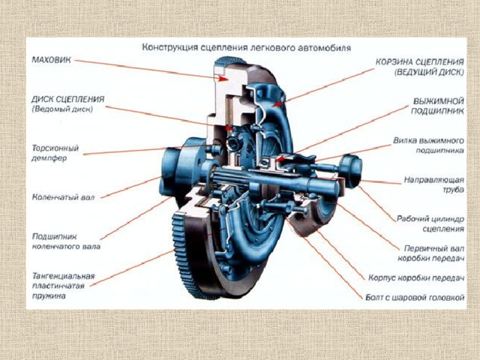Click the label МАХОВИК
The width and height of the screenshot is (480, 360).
[x=52, y=60]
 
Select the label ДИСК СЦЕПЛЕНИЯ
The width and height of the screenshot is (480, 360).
[x=68, y=99]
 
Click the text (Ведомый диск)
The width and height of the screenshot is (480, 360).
[x=62, y=109]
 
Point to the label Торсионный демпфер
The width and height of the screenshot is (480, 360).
[x=55, y=153]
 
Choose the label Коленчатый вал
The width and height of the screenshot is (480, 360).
[x=63, y=196]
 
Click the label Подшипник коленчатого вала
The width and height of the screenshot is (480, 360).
[x=66, y=241]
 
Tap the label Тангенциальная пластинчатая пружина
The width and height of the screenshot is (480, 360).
[x=63, y=286]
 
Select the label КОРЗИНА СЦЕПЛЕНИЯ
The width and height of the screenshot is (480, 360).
[x=420, y=61]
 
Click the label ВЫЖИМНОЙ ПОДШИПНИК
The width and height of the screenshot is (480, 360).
[x=437, y=106]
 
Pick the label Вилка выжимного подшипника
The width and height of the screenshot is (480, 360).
[x=428, y=145]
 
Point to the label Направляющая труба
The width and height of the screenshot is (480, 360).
[x=433, y=184]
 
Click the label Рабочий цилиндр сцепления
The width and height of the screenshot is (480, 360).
[x=430, y=223]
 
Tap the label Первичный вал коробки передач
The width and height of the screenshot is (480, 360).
[x=431, y=253]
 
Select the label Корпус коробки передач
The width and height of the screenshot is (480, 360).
[x=416, y=277]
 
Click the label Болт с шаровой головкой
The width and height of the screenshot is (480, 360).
[x=415, y=297]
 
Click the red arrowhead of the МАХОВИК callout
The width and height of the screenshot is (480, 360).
[x=223, y=78]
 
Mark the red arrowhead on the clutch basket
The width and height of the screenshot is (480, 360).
[x=277, y=104]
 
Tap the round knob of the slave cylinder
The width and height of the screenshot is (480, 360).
[x=352, y=171]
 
